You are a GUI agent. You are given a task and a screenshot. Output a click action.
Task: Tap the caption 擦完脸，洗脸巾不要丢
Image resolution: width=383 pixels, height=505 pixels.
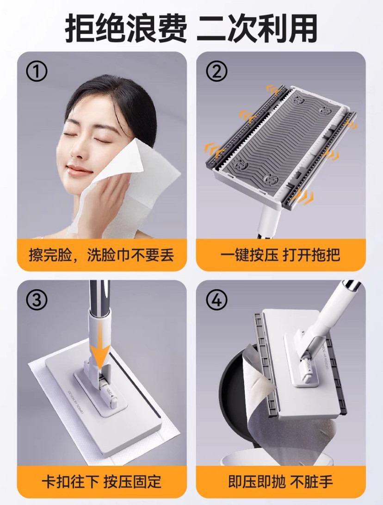[x=101, y=255]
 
